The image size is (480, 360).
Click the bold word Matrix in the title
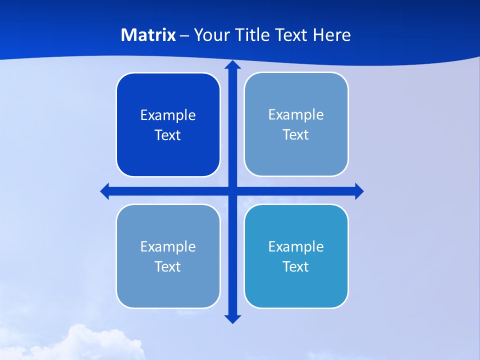tap(148, 35)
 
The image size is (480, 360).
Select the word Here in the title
tap(331, 35)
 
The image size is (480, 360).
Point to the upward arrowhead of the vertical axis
tap(232, 65)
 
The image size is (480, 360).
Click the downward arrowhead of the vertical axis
tap(232, 318)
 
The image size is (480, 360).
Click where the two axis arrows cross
tap(232, 191)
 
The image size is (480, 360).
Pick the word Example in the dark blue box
tap(168, 115)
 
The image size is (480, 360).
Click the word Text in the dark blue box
tap(168, 135)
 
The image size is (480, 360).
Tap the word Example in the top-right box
tap(296, 115)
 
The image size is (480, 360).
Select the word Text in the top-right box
tap(296, 135)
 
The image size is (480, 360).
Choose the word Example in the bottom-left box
tap(168, 247)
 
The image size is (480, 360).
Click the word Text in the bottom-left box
tap(168, 267)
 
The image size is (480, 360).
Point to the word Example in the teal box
tap(296, 247)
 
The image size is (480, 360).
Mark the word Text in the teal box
tap(296, 267)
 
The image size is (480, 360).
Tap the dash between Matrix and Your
tap(184, 35)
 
